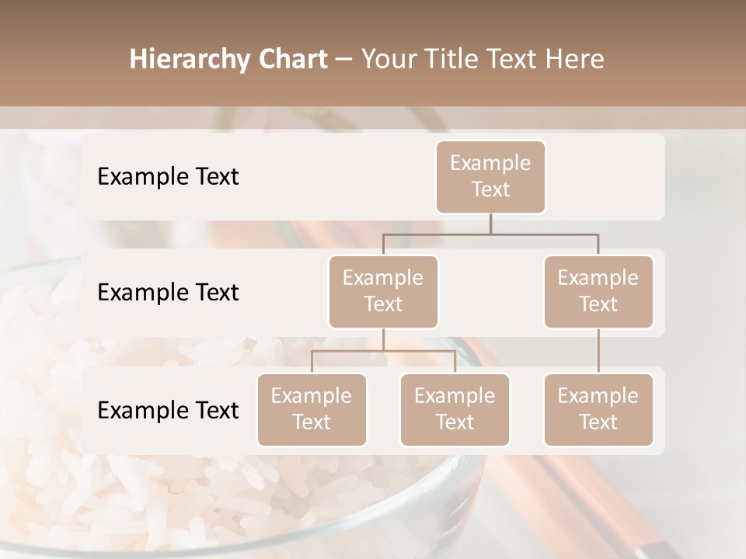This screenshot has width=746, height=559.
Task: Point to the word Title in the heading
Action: click(x=462, y=60)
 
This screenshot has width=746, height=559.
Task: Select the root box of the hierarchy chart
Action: click(x=490, y=176)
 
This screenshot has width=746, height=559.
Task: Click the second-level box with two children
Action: click(x=383, y=291)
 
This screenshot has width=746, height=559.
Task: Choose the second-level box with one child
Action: click(x=598, y=291)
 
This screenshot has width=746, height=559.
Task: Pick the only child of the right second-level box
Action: click(x=598, y=409)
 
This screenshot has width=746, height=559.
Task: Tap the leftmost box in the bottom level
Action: click(x=312, y=409)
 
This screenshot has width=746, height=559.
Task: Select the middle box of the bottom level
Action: click(x=455, y=409)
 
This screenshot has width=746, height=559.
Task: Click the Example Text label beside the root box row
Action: click(x=168, y=176)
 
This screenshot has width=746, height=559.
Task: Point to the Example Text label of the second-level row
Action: click(x=168, y=292)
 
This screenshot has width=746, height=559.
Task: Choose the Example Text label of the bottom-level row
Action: click(x=168, y=410)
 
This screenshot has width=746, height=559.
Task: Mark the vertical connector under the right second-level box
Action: click(x=598, y=351)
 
